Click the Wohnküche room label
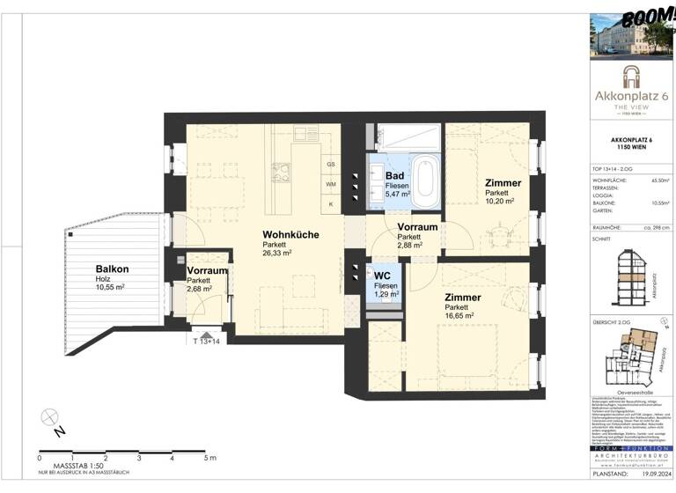(x=290, y=234)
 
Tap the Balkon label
(x=113, y=269)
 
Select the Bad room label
(x=395, y=176)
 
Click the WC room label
(x=382, y=275)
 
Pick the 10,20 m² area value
(x=499, y=202)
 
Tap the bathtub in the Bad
(x=425, y=177)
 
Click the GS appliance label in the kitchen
(x=331, y=165)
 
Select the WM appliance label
(x=331, y=184)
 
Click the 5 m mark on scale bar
(x=206, y=459)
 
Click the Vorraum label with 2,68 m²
(x=207, y=272)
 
